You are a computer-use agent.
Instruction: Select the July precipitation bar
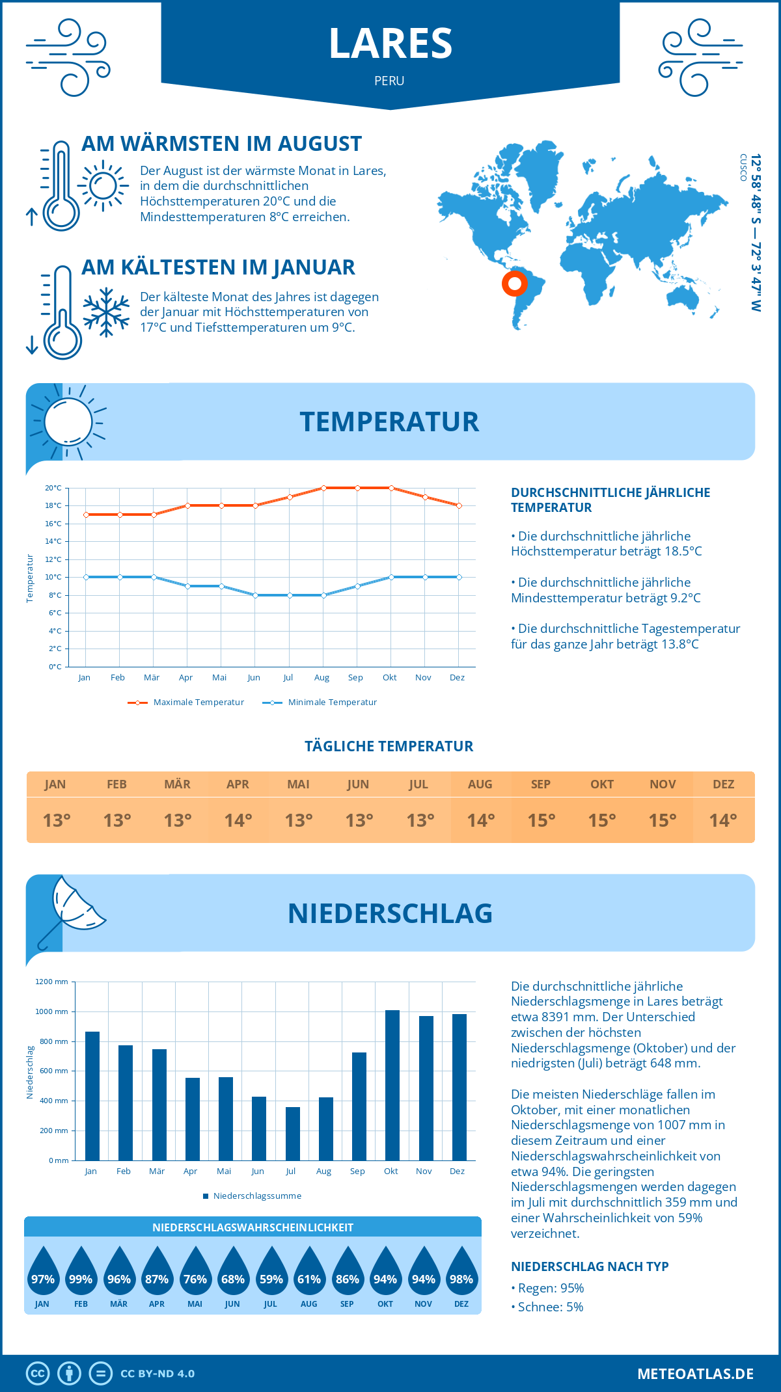(292, 1134)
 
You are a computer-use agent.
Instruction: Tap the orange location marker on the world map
(515, 284)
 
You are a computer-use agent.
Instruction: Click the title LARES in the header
(390, 44)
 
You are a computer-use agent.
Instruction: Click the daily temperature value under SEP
(541, 820)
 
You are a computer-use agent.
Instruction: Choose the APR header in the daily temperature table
(238, 784)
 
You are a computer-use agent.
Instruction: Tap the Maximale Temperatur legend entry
(186, 703)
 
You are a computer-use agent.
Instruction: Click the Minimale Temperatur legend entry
(320, 703)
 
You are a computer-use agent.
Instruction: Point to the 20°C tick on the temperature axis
(53, 488)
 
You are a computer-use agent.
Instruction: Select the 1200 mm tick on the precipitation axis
(51, 982)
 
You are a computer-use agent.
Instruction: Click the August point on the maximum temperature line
(323, 488)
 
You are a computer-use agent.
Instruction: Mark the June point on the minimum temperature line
(255, 595)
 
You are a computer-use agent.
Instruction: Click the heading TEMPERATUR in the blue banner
(389, 422)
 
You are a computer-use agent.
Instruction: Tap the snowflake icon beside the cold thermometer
(106, 312)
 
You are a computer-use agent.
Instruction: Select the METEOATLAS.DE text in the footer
(695, 1374)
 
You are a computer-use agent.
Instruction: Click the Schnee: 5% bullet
(547, 1307)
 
